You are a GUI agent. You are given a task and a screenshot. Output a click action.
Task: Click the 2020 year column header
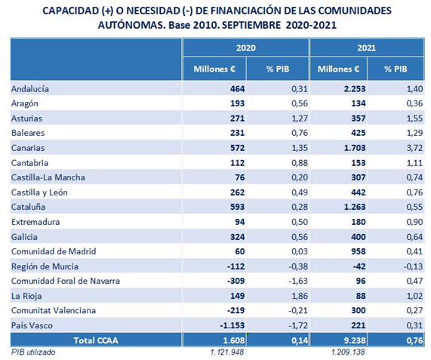click(246, 48)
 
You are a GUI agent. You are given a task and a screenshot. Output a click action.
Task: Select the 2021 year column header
click(366, 48)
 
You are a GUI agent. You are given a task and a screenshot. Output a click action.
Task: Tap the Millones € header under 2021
click(338, 69)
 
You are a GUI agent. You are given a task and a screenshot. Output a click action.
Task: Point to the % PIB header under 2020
click(278, 69)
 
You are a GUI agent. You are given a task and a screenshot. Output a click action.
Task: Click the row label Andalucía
click(30, 89)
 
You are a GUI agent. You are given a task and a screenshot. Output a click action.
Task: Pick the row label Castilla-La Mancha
click(48, 177)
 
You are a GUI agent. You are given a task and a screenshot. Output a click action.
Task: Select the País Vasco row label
click(32, 325)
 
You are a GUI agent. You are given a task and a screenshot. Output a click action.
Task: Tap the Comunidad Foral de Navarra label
click(66, 281)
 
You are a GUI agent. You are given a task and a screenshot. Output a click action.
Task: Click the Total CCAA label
click(96, 340)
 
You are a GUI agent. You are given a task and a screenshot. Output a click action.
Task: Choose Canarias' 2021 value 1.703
click(355, 148)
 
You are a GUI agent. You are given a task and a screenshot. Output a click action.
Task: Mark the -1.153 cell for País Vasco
click(232, 325)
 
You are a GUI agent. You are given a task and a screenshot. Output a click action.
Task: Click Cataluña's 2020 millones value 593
click(238, 207)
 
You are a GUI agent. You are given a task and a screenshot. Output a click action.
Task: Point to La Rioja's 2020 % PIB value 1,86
click(300, 296)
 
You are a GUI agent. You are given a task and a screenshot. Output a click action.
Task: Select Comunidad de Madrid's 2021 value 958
click(359, 251)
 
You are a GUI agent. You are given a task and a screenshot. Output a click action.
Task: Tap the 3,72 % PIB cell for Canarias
click(414, 148)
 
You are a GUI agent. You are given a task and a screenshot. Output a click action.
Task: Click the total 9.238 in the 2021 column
click(355, 340)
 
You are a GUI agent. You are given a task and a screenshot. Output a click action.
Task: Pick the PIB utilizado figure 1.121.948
click(227, 352)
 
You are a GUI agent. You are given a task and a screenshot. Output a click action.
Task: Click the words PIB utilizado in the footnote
click(33, 352)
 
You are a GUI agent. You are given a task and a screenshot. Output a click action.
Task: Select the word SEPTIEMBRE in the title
click(251, 25)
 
